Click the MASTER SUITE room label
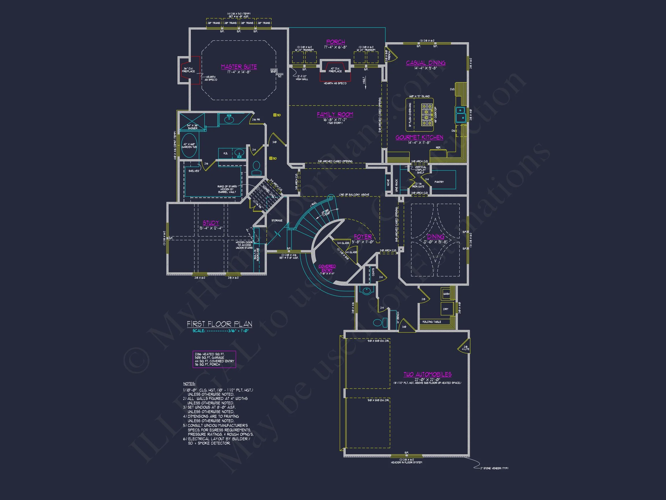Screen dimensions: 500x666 (239, 67)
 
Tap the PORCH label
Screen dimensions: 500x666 (335, 42)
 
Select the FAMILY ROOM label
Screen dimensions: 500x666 (335, 115)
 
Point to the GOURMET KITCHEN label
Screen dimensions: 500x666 (419, 137)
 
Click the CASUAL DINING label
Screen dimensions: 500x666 (425, 63)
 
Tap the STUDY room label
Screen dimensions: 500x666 (211, 223)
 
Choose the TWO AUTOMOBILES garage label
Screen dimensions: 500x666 (427, 374)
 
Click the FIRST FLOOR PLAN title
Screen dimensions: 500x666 (219, 324)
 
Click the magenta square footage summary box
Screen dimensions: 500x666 (214, 359)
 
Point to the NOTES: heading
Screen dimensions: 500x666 (189, 384)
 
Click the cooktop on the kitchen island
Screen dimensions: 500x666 (427, 115)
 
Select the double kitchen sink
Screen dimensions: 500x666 (460, 115)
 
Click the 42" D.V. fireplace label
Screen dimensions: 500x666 (335, 70)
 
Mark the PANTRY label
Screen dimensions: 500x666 (439, 182)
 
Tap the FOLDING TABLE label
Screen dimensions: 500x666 (432, 322)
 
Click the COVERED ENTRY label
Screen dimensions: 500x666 (327, 268)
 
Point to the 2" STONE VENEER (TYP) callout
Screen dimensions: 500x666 (494, 468)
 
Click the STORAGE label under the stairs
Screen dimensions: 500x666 (277, 220)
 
